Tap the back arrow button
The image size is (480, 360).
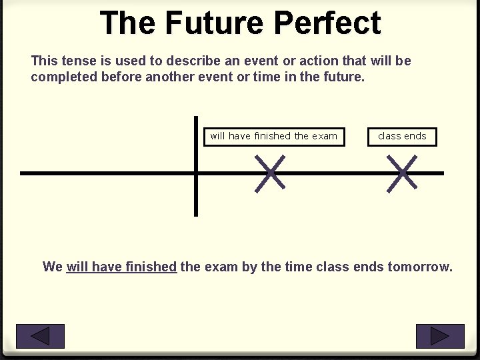pyautogui.click(x=40, y=336)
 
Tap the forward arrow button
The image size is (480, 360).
pyautogui.click(x=439, y=336)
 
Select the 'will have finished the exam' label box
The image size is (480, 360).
pyautogui.click(x=274, y=137)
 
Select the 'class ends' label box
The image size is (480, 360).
pyautogui.click(x=402, y=137)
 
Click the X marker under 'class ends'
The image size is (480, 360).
pyautogui.click(x=402, y=173)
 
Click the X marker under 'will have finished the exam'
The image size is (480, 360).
pyautogui.click(x=270, y=173)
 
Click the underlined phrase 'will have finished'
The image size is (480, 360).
pyautogui.click(x=121, y=267)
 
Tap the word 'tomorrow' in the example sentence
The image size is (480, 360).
pyautogui.click(x=419, y=267)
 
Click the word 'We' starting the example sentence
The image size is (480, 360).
pyautogui.click(x=52, y=267)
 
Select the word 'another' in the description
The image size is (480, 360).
pyautogui.click(x=168, y=77)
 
